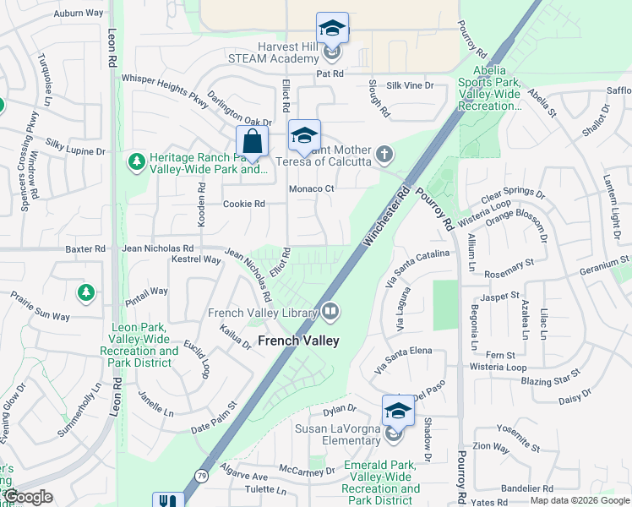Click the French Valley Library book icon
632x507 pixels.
click(x=330, y=313)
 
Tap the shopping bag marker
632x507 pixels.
click(x=252, y=142)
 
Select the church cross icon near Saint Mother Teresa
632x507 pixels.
click(x=384, y=154)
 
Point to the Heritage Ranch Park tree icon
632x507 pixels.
click(x=136, y=161)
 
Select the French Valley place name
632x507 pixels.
click(x=297, y=341)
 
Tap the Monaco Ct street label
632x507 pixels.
click(x=313, y=189)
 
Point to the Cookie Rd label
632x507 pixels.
click(x=244, y=204)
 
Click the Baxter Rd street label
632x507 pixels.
click(x=88, y=249)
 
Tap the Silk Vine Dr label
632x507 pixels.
click(x=410, y=86)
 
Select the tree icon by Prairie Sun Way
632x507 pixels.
click(x=85, y=293)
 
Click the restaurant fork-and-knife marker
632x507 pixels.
click(x=167, y=500)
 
